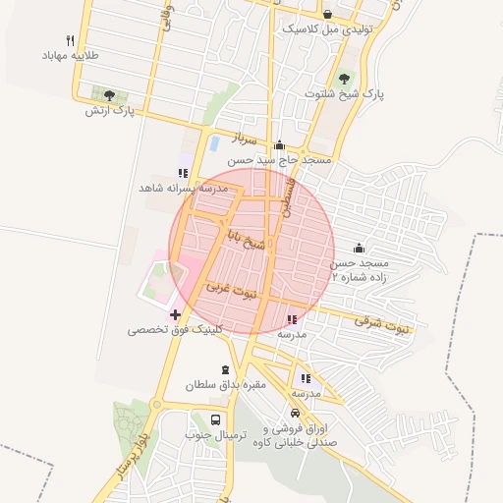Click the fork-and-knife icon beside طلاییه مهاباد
click(70, 40)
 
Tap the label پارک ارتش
click(108, 111)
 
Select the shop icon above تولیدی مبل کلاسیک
click(327, 14)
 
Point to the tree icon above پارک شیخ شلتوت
click(344, 79)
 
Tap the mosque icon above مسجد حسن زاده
click(359, 248)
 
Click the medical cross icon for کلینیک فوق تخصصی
click(175, 314)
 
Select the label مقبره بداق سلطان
click(225, 385)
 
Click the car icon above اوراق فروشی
click(296, 413)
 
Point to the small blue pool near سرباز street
click(214, 143)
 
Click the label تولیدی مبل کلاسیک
click(327, 30)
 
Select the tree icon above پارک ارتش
click(108, 95)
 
